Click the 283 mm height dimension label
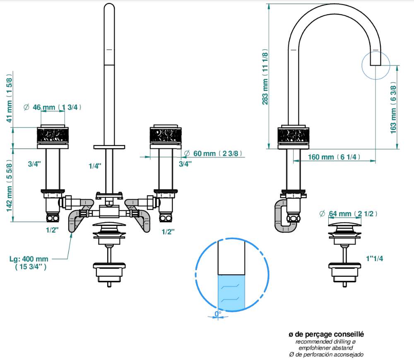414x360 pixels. [x=265, y=77]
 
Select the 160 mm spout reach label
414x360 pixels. [x=334, y=157]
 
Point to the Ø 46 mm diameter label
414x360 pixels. [x=52, y=107]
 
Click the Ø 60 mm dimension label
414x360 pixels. [x=213, y=154]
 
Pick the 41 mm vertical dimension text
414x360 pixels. [x=9, y=98]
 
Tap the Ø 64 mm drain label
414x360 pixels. [x=348, y=214]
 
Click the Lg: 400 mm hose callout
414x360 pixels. [x=29, y=263]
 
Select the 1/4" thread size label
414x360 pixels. [x=95, y=166]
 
